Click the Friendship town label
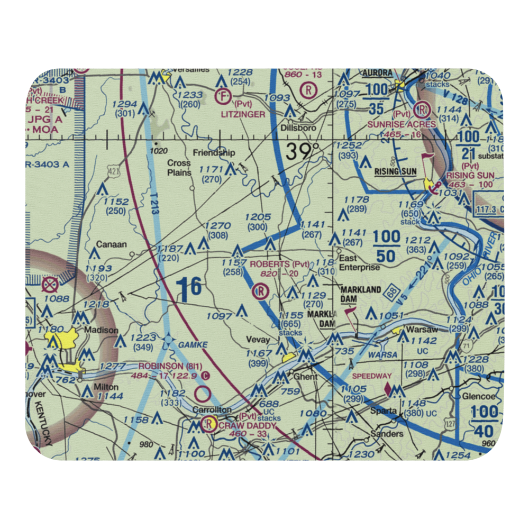click(x=214, y=153)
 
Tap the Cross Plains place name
click(x=179, y=168)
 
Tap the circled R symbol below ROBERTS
click(x=260, y=290)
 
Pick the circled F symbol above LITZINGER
click(x=222, y=97)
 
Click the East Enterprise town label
click(x=360, y=263)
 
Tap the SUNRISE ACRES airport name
click(x=409, y=124)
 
